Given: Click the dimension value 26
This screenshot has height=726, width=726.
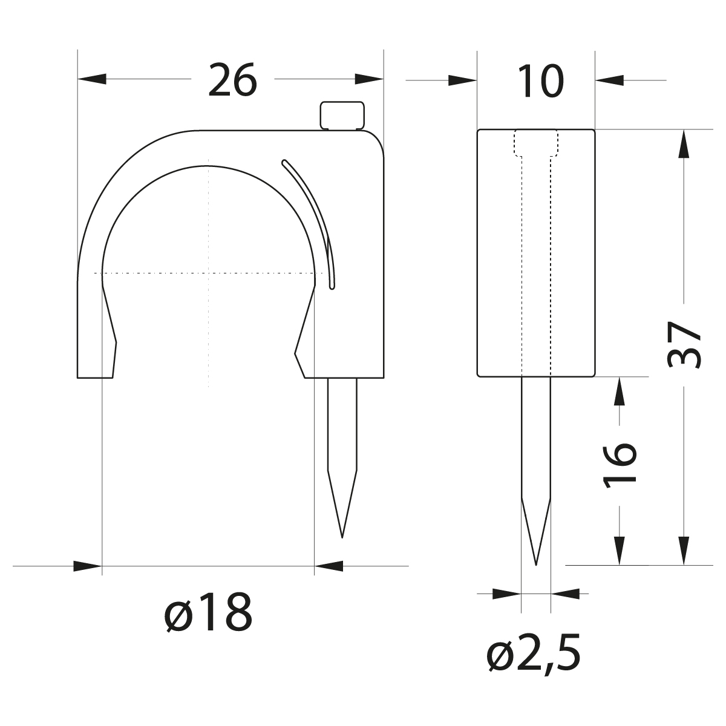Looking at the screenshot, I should (232, 81).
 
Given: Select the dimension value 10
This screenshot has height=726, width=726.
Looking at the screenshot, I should (540, 81).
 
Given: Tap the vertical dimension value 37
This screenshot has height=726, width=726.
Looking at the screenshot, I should (684, 345).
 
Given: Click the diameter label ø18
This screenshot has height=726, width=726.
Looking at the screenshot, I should (208, 613).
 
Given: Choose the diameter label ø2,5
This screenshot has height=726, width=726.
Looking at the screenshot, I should (534, 655).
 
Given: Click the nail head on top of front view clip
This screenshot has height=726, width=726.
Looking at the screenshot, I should (342, 115).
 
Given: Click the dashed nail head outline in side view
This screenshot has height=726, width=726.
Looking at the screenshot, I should (536, 144).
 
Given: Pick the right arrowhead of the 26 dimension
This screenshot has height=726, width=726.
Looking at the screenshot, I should (370, 79).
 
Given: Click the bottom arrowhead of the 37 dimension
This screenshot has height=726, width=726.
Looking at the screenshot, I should (684, 551).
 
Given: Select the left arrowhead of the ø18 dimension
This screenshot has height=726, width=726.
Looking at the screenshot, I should (87, 566).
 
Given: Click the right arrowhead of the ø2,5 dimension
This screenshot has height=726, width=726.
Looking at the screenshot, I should (565, 594).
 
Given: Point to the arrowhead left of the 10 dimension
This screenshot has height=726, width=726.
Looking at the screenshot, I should (462, 79).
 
